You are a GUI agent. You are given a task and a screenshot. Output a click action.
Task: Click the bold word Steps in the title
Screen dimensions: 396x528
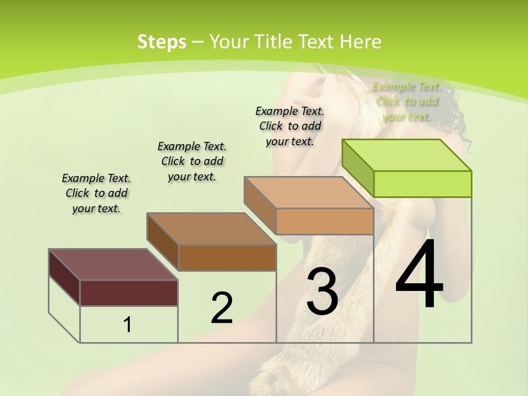161,42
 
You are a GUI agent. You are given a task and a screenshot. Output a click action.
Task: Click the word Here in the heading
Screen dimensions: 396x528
361,42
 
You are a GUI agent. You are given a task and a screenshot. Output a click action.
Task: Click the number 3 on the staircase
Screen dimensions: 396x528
322,291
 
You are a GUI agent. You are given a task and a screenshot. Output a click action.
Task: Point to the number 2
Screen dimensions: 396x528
222,308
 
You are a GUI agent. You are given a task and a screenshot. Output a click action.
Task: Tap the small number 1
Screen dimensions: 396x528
128,324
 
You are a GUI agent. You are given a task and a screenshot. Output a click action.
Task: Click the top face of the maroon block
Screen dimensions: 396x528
113,265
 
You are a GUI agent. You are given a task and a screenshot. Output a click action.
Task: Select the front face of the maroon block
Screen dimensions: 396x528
129,293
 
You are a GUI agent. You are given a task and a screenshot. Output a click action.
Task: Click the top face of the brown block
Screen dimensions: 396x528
211,229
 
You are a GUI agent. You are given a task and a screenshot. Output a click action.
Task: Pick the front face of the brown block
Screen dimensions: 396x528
227,257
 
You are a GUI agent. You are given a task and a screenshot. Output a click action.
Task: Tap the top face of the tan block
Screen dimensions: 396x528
309,193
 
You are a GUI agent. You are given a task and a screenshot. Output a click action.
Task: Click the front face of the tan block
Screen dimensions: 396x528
324,221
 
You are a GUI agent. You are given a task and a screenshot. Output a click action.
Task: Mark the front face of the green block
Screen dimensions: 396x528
422,184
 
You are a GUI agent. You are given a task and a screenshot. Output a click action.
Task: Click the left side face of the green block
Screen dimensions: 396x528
358,168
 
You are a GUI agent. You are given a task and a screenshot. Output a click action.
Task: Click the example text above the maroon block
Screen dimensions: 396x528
96,194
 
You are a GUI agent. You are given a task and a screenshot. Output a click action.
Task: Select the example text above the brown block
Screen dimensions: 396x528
192,162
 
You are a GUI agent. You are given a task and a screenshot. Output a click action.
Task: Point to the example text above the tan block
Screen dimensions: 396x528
290,126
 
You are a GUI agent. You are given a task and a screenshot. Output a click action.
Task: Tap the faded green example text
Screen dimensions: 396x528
406,102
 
